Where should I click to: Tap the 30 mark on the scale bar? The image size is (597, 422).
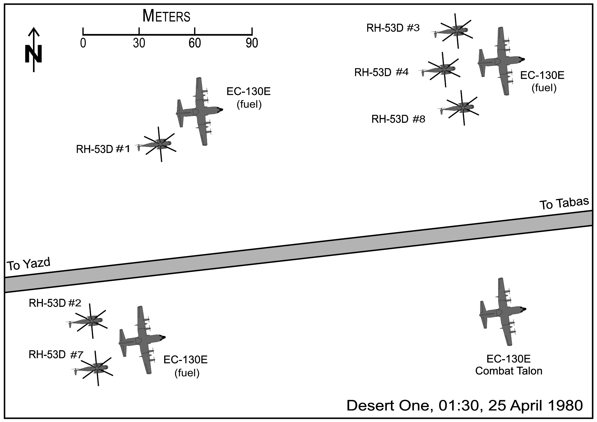[139, 31]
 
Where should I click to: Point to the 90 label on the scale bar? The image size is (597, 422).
[252, 43]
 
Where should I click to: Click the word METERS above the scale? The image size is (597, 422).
[166, 16]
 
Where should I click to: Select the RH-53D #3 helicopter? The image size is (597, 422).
[455, 31]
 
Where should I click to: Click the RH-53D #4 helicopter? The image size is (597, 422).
[443, 69]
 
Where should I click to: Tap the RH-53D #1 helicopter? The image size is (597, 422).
[159, 144]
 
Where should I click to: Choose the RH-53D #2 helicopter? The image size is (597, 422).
[90, 321]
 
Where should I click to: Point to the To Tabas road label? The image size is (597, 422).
[564, 204]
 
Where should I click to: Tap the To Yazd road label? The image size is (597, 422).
[29, 264]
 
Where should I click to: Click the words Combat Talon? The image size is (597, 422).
[509, 371]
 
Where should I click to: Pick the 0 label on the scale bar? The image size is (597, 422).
[83, 43]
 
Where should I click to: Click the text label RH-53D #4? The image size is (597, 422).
[381, 73]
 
